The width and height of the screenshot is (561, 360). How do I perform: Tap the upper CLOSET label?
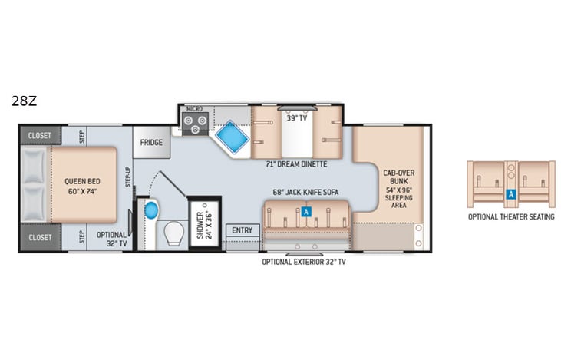pyautogui.click(x=40, y=135)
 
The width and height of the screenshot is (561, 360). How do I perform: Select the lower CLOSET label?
pyautogui.click(x=40, y=238)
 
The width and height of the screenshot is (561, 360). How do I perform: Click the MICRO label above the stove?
pyautogui.click(x=194, y=110)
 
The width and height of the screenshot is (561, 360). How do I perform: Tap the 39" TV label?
pyautogui.click(x=295, y=119)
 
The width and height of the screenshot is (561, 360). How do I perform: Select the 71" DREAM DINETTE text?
pyautogui.click(x=295, y=164)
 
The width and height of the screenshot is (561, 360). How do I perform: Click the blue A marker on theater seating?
pyautogui.click(x=510, y=195)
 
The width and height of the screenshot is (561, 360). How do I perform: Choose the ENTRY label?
pyautogui.click(x=242, y=230)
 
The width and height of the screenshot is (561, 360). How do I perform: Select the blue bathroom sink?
pyautogui.click(x=150, y=209)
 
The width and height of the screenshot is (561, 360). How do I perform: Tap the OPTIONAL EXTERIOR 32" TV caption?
pyautogui.click(x=305, y=262)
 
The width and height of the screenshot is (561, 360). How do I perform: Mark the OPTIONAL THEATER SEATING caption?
pyautogui.click(x=510, y=216)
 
